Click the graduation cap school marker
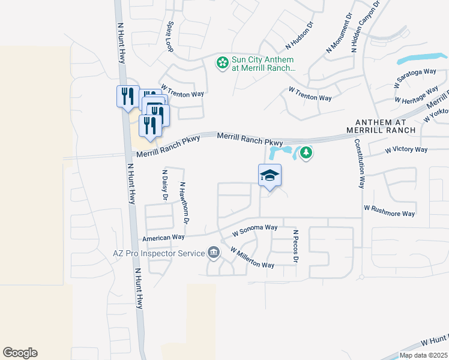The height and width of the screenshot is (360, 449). (x=270, y=176)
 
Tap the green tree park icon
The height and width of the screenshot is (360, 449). (x=306, y=154)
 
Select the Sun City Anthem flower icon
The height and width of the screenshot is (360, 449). (x=222, y=62)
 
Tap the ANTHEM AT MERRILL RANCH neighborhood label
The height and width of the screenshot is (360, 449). (x=381, y=126)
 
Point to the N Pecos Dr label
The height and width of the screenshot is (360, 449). (x=295, y=245)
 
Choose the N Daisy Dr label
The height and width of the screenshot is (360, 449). (x=164, y=185)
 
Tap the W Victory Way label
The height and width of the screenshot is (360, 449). (x=406, y=149)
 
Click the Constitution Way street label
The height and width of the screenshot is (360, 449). (x=360, y=164)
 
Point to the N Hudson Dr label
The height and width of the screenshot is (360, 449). (x=300, y=35)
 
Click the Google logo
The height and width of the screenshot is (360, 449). (x=20, y=353)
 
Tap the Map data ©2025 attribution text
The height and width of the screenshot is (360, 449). (x=422, y=355)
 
